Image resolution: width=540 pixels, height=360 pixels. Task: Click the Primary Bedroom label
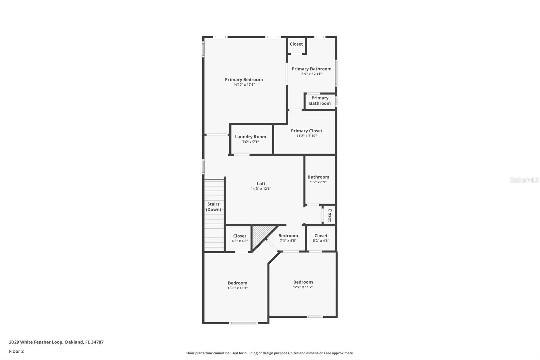[244, 80]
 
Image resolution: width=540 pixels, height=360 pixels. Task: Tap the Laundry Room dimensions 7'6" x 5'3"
[250, 142]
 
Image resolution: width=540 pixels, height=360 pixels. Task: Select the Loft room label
[261, 184]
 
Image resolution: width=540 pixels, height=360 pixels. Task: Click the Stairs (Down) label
[213, 207]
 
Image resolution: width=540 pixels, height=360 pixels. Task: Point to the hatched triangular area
[260, 235]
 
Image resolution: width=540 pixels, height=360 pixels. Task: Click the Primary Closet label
[306, 131]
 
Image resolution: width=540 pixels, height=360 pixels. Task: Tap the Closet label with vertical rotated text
[330, 215]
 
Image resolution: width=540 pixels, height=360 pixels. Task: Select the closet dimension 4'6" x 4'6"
[239, 241]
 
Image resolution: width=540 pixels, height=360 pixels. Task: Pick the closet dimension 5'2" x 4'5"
[321, 241]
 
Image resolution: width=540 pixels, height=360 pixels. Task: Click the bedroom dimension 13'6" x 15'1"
[237, 288]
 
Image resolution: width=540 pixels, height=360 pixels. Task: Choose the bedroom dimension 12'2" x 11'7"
[303, 287]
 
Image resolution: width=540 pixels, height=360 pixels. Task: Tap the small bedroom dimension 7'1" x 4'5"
[288, 241]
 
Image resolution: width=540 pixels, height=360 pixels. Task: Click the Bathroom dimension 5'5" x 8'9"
[318, 182]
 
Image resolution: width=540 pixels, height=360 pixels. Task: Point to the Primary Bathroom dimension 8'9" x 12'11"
[311, 74]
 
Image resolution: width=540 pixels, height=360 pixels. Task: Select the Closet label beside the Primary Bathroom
[296, 44]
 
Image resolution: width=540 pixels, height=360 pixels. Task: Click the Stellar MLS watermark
[524, 180]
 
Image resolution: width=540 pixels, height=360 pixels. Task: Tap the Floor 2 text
[16, 351]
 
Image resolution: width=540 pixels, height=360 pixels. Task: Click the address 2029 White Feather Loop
[56, 342]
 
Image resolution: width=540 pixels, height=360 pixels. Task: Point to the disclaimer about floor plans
[270, 353]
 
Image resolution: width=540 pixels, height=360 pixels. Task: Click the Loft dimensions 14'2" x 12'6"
[261, 189]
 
